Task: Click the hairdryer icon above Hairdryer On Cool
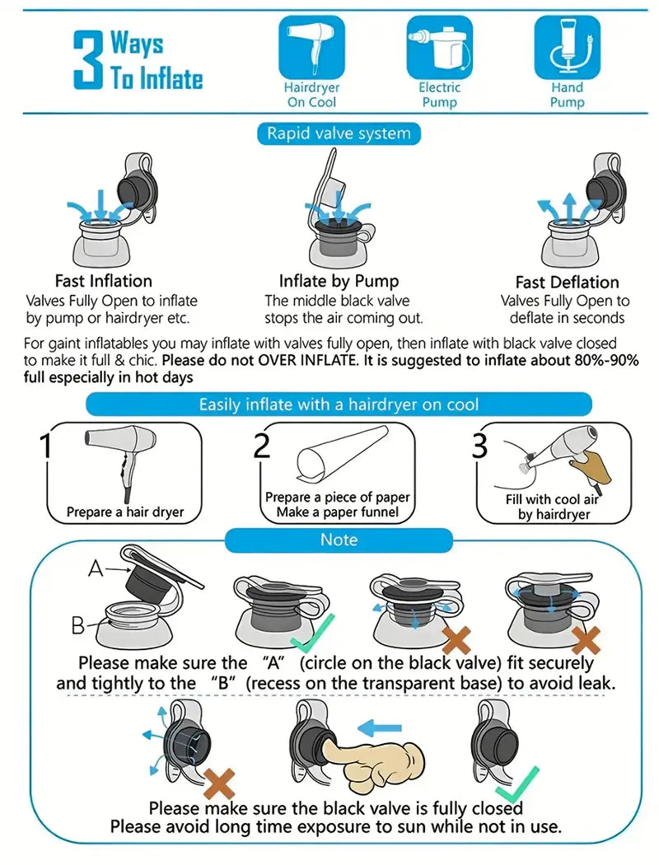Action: [311, 48]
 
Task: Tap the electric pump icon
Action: [440, 48]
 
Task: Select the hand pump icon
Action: [568, 48]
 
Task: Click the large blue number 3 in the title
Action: [88, 59]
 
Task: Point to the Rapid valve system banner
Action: [339, 133]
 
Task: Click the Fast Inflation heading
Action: [104, 281]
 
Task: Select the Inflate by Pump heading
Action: [339, 281]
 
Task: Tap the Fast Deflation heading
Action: [567, 282]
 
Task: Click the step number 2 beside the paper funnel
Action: [262, 445]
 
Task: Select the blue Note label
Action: [339, 540]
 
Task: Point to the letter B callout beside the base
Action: [78, 625]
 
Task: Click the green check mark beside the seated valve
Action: [311, 634]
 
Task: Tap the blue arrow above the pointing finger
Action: [379, 729]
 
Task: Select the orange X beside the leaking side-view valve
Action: [219, 784]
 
